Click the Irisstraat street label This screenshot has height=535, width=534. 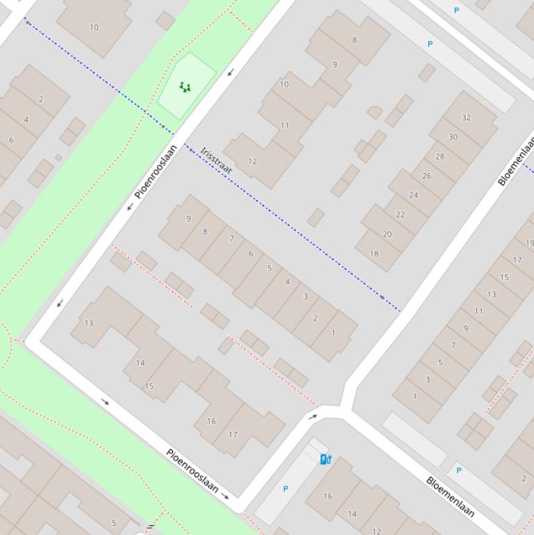click(216, 160)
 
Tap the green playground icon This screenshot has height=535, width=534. click(185, 87)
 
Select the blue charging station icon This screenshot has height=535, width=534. click(326, 459)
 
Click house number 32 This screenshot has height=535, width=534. click(466, 117)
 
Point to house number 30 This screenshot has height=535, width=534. click(453, 137)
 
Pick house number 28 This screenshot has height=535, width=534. click(440, 156)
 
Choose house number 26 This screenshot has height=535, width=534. click(426, 176)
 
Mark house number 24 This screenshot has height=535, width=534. click(413, 195)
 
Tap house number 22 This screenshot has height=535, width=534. click(400, 215)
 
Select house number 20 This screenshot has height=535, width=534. click(387, 234)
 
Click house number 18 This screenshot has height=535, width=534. click(374, 254)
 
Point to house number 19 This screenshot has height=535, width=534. click(529, 243)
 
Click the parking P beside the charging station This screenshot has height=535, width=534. click(285, 489)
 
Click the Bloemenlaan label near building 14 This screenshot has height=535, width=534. click(450, 496)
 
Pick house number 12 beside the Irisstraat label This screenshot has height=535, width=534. click(252, 161)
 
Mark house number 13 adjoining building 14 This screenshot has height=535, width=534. click(88, 323)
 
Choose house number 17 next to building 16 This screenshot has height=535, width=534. click(233, 435)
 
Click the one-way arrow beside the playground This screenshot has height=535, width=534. click(231, 72)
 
